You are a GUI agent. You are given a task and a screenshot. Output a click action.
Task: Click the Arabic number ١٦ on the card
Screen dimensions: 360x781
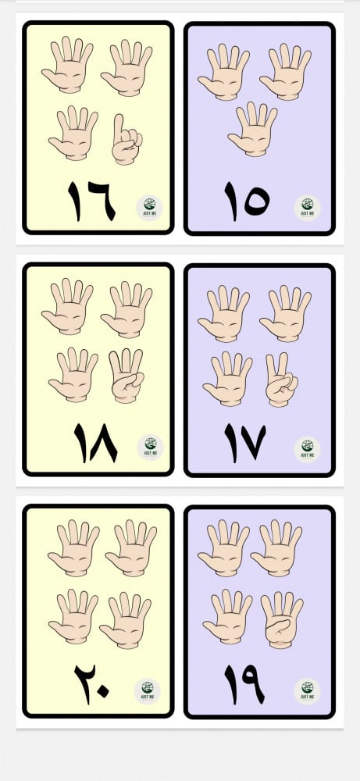coord(91,201)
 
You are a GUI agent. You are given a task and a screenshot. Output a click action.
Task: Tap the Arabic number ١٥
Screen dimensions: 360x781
coord(247,201)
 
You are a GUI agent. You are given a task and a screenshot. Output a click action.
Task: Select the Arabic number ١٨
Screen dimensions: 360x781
coord(95,443)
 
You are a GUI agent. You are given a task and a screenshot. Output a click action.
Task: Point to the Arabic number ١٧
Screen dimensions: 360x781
coord(245,443)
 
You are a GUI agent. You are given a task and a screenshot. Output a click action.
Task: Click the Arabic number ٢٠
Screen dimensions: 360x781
coord(92,682)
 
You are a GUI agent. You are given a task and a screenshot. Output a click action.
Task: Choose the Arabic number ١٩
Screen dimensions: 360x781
coord(244,684)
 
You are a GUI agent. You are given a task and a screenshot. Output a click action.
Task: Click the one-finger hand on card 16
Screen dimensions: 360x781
coord(127,140)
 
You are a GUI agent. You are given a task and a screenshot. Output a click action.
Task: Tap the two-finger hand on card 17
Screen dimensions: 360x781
coord(281,380)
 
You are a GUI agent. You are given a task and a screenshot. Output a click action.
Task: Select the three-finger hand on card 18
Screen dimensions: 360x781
coord(127,376)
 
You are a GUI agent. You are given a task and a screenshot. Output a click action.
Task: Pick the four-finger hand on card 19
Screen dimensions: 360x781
coord(282,619)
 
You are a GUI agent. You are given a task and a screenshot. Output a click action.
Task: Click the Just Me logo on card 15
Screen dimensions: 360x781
coord(307,208)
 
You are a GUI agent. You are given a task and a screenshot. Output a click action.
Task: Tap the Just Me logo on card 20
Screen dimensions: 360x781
coord(148,691)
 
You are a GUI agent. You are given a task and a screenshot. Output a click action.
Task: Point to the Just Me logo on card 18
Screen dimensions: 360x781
coord(151,448)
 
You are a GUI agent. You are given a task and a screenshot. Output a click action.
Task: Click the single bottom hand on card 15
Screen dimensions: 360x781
coord(252,130)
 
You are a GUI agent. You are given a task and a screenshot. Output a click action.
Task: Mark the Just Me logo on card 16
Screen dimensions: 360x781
coord(149,208)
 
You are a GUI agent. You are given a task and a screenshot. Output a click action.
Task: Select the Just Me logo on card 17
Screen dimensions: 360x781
coord(307,450)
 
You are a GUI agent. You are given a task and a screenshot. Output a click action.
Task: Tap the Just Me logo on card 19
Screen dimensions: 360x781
coord(307,691)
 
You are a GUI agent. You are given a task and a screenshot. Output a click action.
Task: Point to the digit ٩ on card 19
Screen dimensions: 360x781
coord(254,684)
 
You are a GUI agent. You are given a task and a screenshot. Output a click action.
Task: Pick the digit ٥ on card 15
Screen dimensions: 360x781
coord(256,201)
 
